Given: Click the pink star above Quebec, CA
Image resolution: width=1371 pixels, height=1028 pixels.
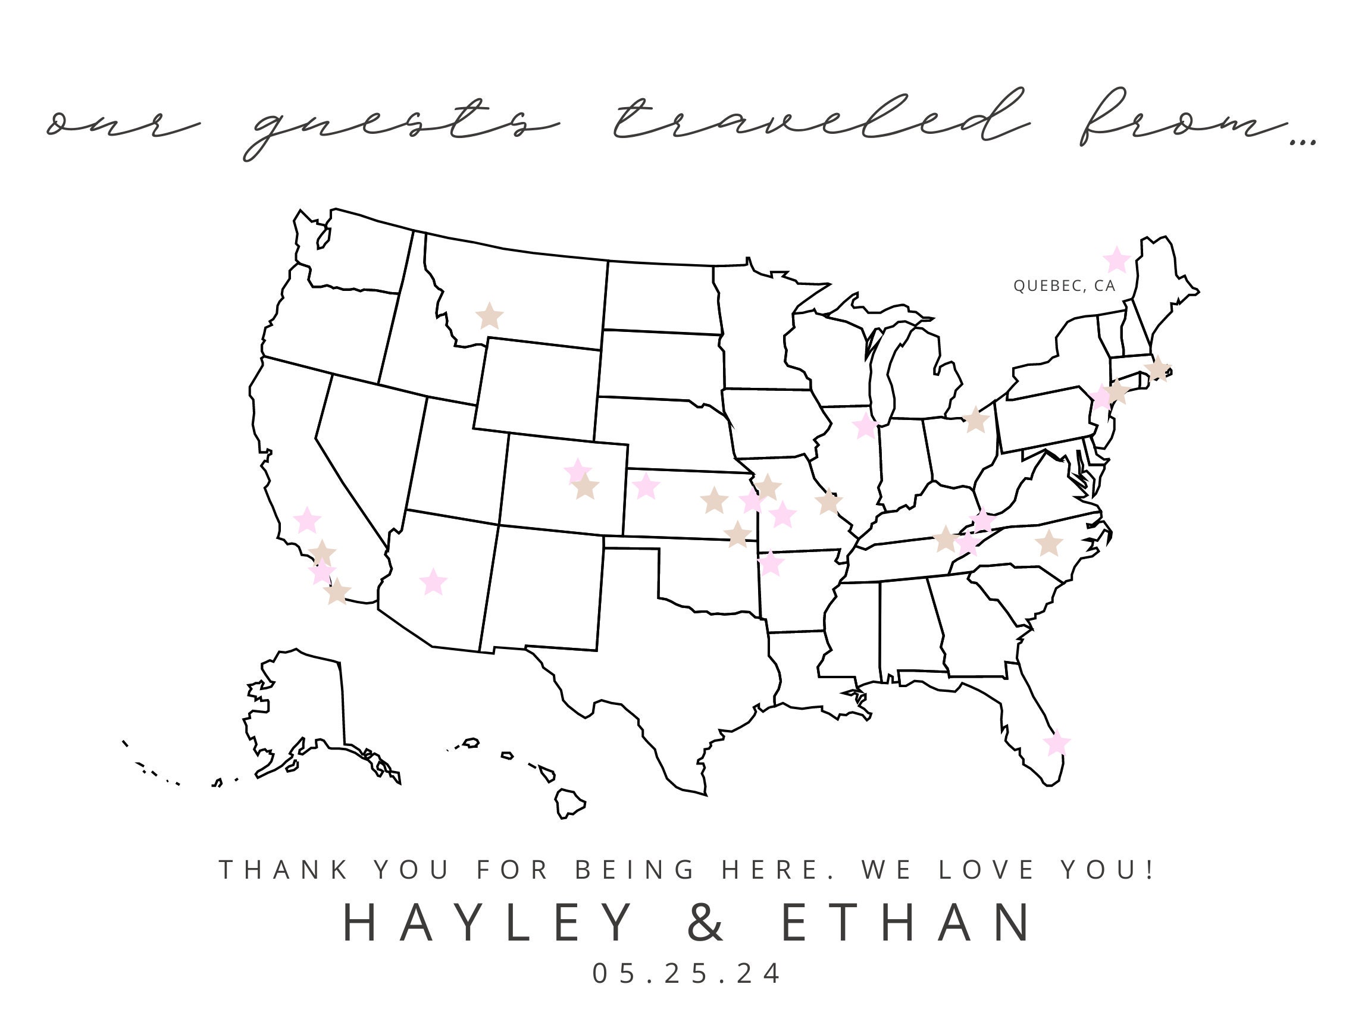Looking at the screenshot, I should point(1116,259).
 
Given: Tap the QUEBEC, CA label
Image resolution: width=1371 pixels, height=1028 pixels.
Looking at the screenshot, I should point(1064,286).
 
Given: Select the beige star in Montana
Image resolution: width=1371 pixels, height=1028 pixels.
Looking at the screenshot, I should point(489,316).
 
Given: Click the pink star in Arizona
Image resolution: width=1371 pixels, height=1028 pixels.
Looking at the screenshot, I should point(433,582).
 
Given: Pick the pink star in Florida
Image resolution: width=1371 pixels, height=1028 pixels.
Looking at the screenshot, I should point(1057,742).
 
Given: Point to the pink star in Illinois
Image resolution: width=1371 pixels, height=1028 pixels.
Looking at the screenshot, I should point(865,426).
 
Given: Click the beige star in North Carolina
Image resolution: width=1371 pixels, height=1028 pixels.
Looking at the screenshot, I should point(1048,543).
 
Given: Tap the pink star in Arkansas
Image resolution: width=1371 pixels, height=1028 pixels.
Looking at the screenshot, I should point(771,564).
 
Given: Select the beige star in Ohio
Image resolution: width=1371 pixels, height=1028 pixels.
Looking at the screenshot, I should point(975,420).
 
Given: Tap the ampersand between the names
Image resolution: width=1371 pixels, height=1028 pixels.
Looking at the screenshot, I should point(705,923).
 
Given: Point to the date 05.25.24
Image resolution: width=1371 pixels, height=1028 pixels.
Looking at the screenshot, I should point(687,973).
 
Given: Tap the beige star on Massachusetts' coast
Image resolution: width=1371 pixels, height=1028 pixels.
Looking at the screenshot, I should point(1157,369).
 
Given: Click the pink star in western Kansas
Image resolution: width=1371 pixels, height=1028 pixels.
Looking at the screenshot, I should point(646,487).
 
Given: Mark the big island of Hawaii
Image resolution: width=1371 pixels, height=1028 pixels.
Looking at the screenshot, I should point(569,803).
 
